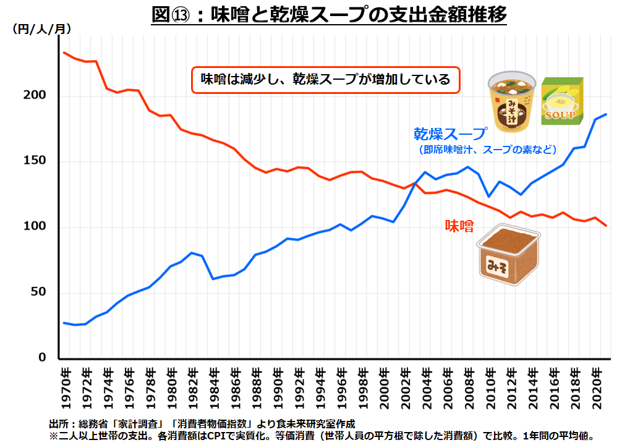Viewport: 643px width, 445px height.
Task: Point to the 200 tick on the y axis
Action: click(38, 96)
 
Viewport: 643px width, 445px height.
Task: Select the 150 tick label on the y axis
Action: click(38, 161)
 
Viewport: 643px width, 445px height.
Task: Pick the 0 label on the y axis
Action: click(43, 358)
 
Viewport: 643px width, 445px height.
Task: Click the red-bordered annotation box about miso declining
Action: click(325, 80)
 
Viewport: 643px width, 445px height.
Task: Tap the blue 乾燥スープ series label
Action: click(449, 134)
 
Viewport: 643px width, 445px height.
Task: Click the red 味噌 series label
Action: click(459, 227)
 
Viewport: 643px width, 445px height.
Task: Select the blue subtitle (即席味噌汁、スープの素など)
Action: click(488, 150)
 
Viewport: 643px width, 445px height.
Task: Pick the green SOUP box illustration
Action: click(561, 101)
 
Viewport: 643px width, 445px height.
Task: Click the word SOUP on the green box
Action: click(559, 115)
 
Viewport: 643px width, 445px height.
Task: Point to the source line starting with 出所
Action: click(202, 425)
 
